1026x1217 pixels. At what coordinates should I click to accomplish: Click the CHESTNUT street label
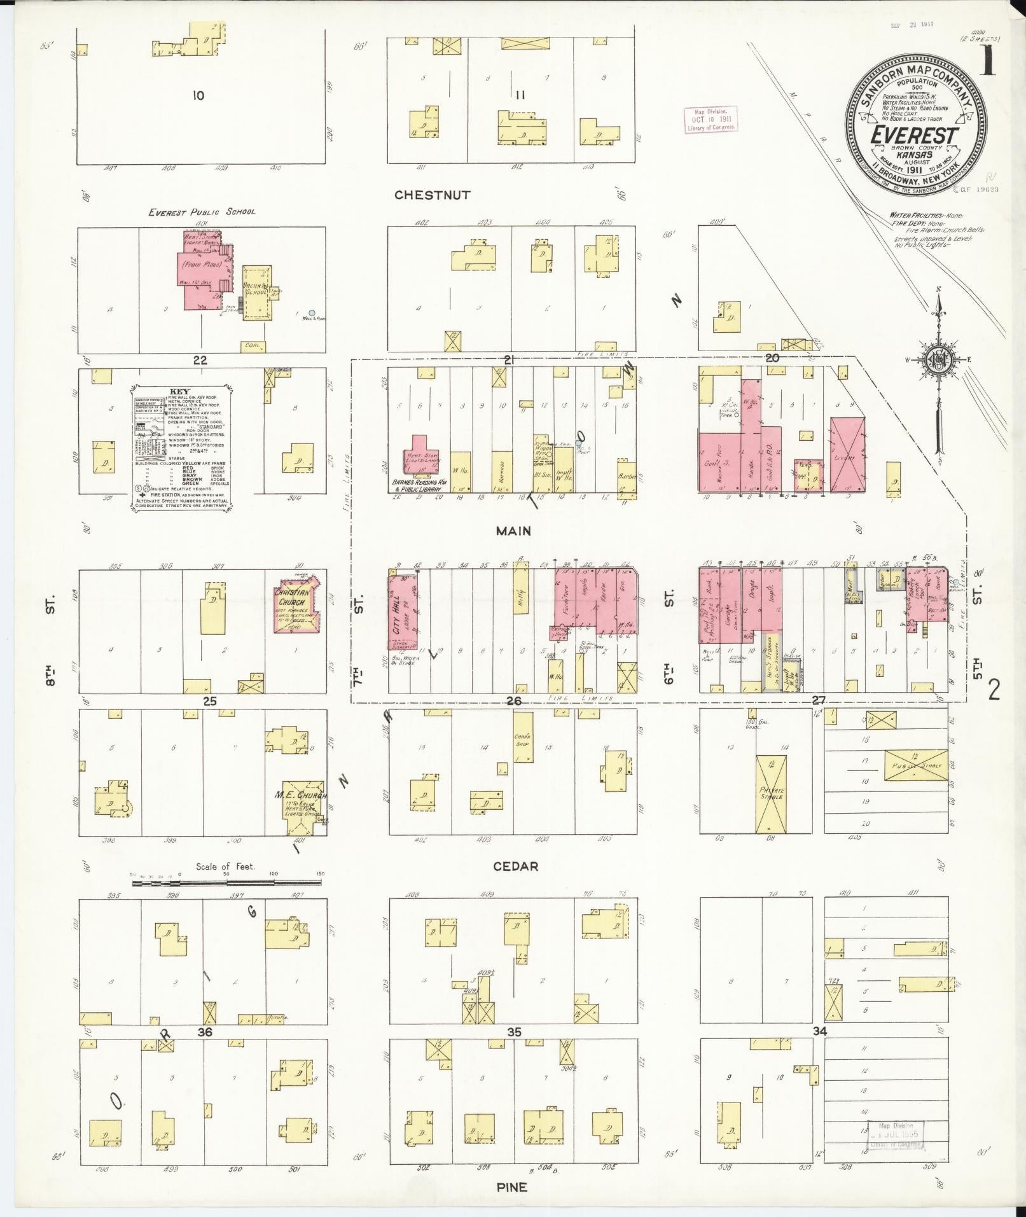(x=432, y=195)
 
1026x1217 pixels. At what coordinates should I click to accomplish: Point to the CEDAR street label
(x=515, y=866)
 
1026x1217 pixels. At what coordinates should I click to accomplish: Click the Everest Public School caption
(x=202, y=212)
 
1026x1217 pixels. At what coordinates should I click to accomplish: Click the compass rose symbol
(x=938, y=360)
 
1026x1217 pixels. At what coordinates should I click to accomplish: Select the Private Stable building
(x=771, y=793)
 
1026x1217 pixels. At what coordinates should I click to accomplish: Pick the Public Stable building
(x=915, y=765)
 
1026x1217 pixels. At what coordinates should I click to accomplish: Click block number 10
(x=198, y=95)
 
